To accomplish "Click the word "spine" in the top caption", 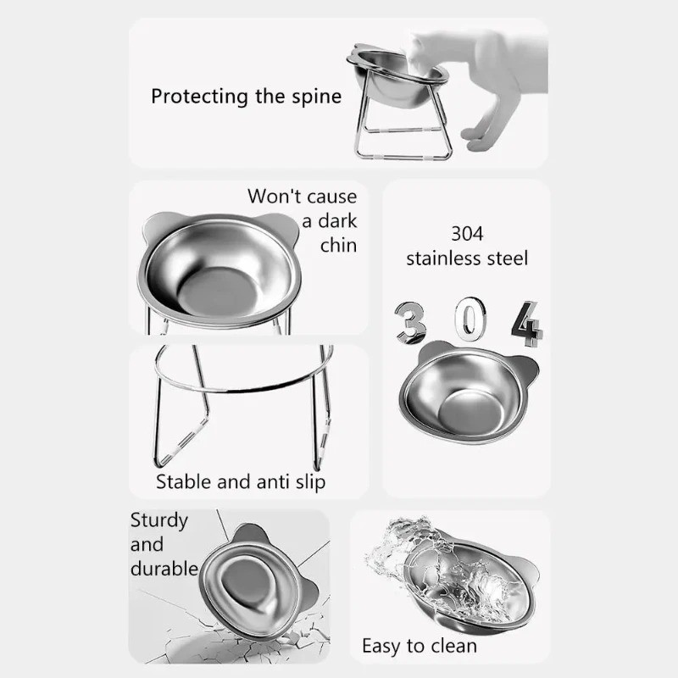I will [x=314, y=96].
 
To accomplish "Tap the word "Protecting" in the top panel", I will [x=200, y=96].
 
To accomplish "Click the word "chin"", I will [x=338, y=246].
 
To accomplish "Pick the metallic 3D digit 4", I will [x=528, y=322].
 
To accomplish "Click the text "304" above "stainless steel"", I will [x=467, y=233].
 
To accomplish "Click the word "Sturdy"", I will [x=158, y=520].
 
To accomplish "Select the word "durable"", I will [x=164, y=568].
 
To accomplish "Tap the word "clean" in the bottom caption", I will [x=449, y=646].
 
